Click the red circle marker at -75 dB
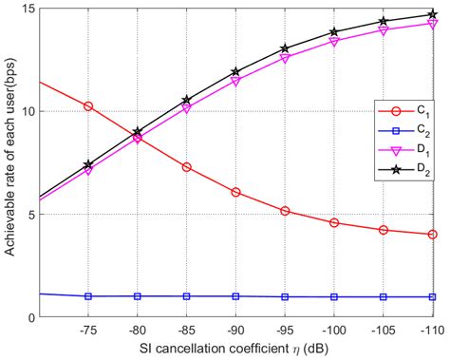[88, 106]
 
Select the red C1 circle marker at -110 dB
[433, 235]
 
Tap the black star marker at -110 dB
[433, 14]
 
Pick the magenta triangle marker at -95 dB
[286, 59]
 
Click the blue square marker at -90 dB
[236, 296]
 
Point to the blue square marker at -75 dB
[88, 296]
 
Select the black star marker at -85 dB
[187, 100]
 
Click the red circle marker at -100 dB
[335, 222]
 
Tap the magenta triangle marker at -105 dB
[384, 30]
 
